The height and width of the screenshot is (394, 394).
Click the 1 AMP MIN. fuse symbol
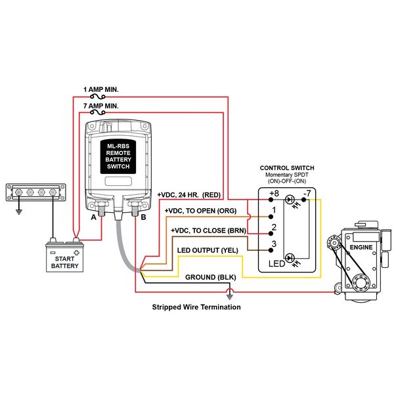pyautogui.click(x=98, y=97)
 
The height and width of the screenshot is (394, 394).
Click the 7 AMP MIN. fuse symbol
pyautogui.click(x=98, y=112)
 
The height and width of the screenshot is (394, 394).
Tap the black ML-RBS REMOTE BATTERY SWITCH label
pyautogui.click(x=118, y=156)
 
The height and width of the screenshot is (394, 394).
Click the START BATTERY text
pyautogui.click(x=65, y=262)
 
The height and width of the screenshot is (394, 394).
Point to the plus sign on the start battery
pyautogui.click(x=76, y=253)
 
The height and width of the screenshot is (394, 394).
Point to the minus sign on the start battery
pyautogui.click(x=53, y=252)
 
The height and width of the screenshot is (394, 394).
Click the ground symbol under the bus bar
pyautogui.click(x=18, y=211)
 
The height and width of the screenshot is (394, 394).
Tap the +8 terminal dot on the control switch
pyautogui.click(x=271, y=200)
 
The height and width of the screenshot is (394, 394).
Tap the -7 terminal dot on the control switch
pyautogui.click(x=304, y=200)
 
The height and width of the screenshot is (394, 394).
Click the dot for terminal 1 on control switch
pyautogui.click(x=271, y=217)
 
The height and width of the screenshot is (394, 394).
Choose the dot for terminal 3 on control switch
pyautogui.click(x=271, y=250)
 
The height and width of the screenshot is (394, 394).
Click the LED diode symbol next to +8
pyautogui.click(x=290, y=200)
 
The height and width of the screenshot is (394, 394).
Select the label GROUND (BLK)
pyautogui.click(x=211, y=277)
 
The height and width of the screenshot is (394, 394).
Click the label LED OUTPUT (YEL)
pyautogui.click(x=208, y=250)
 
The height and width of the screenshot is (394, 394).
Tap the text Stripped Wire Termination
pyautogui.click(x=196, y=307)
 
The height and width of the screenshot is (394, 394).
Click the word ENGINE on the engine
pyautogui.click(x=361, y=248)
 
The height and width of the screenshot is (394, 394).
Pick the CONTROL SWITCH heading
pyautogui.click(x=287, y=168)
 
